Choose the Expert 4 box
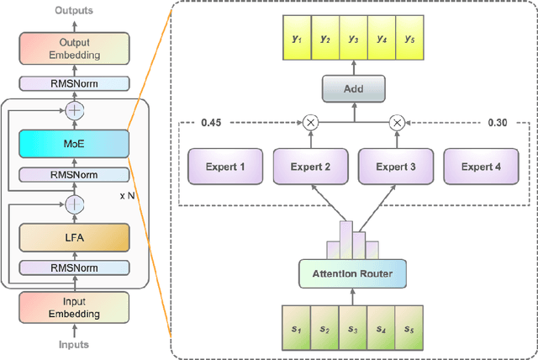tap(480, 167)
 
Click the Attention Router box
tap(352, 273)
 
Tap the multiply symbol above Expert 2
tap(310, 123)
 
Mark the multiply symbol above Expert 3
tap(397, 123)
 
